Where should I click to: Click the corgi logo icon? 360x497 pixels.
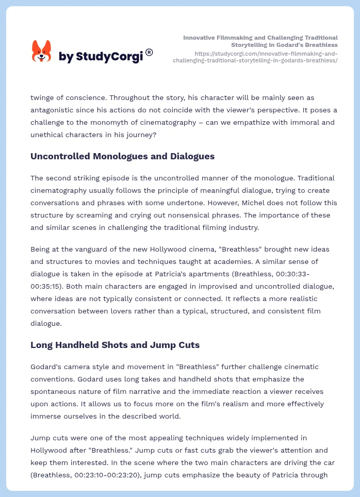coord(42,52)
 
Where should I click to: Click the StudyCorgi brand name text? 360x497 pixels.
coord(101,56)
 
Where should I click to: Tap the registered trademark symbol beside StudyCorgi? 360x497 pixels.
coord(149,52)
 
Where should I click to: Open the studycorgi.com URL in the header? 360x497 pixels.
coord(266,57)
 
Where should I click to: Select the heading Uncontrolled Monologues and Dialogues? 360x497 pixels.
coord(123,156)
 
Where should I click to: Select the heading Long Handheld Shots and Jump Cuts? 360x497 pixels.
coord(115,345)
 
